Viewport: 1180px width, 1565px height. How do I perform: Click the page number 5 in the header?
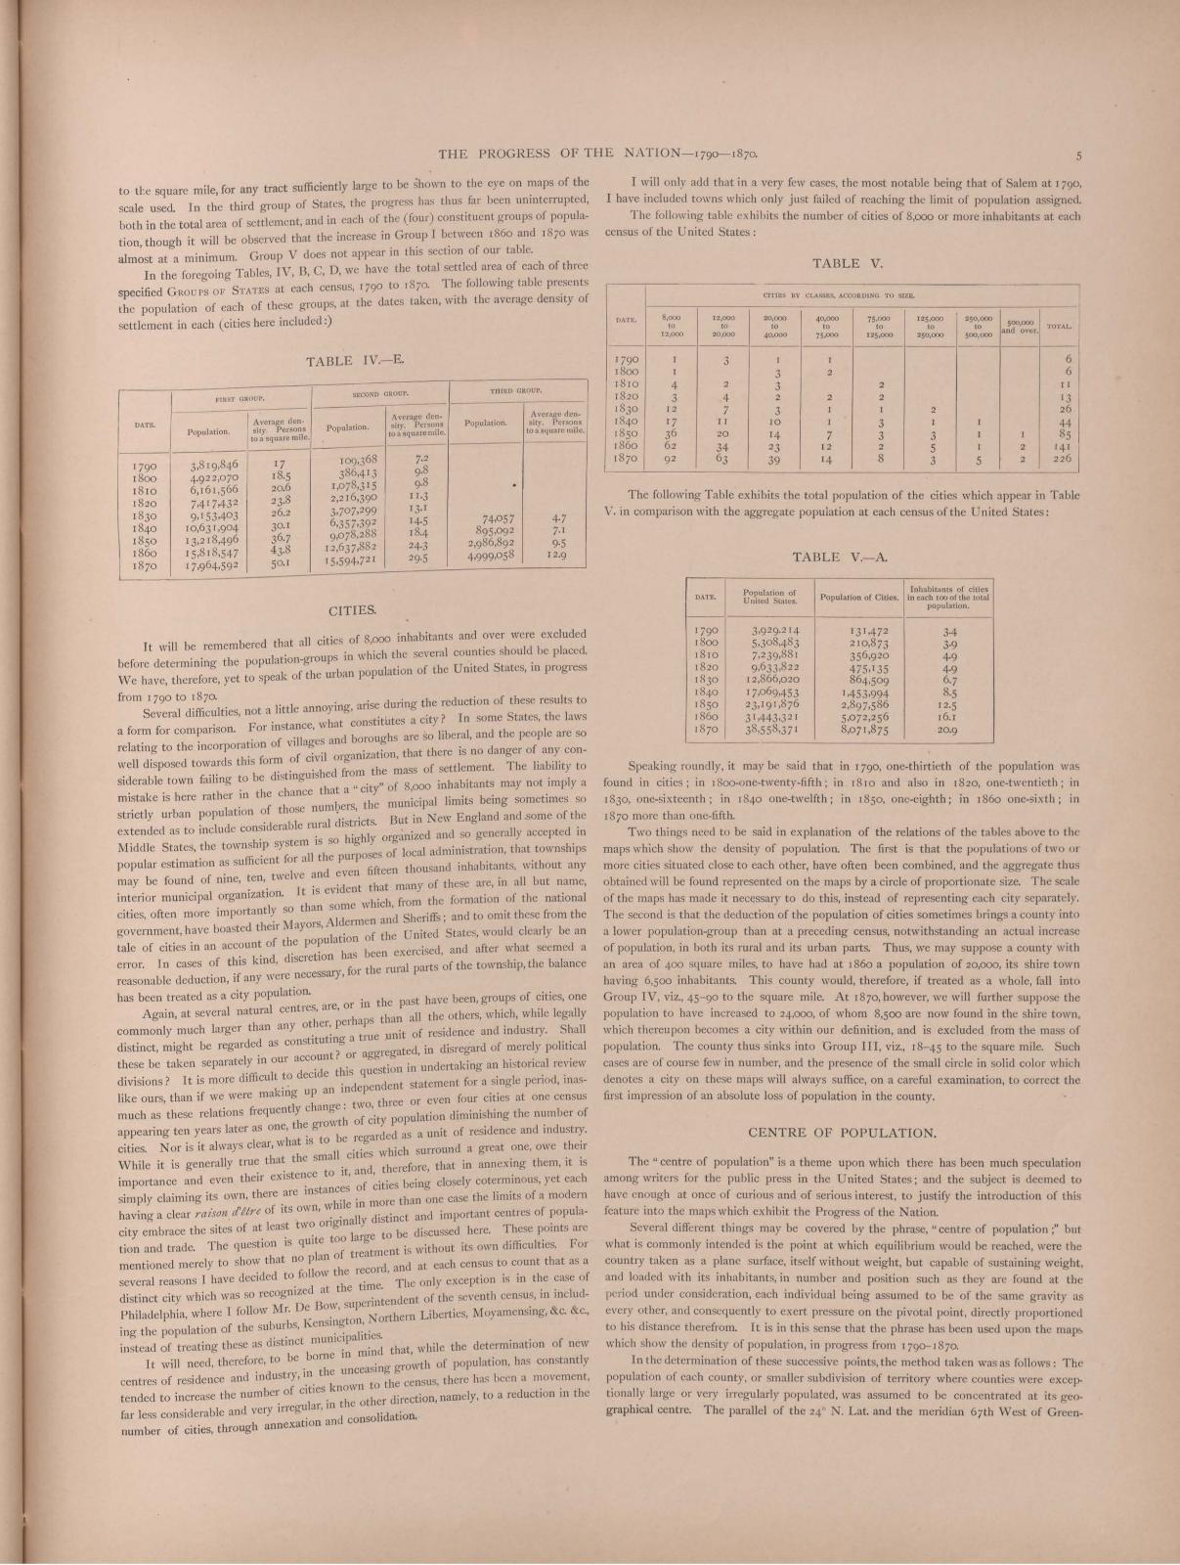pos(1077,154)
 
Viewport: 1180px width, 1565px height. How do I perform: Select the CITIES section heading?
pos(353,610)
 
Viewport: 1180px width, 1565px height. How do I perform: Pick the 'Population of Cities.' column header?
pos(860,597)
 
